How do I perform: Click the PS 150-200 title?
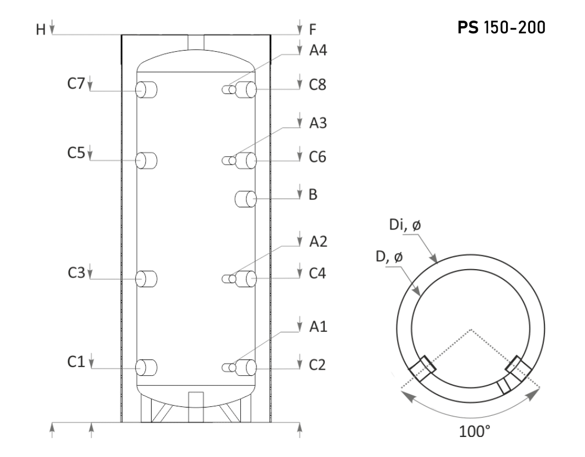[501, 27]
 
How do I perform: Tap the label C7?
[76, 83]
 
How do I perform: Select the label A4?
[318, 50]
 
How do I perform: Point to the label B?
[313, 195]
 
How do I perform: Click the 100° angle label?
[474, 431]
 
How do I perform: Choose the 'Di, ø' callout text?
[405, 225]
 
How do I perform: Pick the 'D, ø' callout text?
[389, 256]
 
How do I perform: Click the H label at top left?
[41, 29]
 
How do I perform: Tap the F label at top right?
[313, 29]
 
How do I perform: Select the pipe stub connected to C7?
[146, 90]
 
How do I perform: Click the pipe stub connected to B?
[245, 199]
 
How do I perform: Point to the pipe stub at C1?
[146, 367]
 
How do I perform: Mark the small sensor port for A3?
[229, 161]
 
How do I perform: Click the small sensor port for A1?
[229, 368]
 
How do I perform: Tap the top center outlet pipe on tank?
[196, 42]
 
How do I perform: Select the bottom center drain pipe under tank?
[196, 407]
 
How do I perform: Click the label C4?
[318, 273]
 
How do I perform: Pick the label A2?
[318, 242]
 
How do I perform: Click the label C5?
[76, 152]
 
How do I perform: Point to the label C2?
[318, 365]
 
